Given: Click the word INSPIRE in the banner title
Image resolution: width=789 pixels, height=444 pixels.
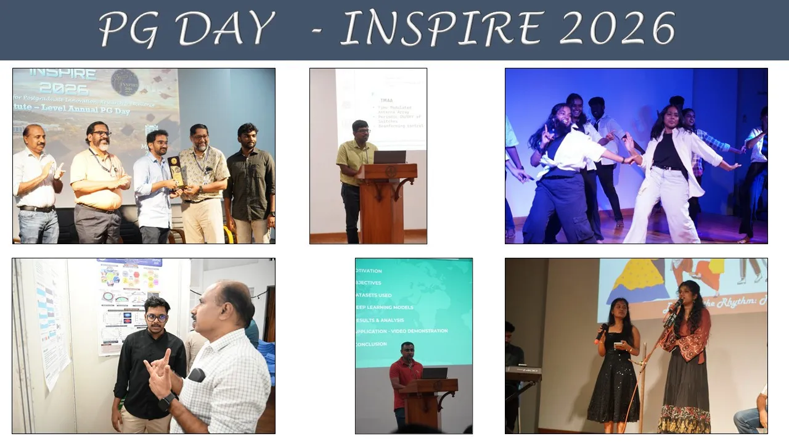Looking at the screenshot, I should (443, 29).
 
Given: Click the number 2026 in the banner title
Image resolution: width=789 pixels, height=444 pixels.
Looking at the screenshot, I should (617, 29).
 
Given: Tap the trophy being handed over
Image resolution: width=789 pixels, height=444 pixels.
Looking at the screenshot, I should (176, 171).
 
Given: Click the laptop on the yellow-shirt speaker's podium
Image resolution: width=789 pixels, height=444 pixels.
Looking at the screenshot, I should (390, 157).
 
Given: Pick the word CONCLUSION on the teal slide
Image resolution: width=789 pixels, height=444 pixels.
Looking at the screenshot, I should (371, 343).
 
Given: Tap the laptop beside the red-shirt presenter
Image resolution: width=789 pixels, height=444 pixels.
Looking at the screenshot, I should (435, 373).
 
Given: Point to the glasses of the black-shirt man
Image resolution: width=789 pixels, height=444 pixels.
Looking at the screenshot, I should (157, 318).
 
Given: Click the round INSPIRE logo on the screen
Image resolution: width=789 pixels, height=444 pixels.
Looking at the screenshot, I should (125, 82).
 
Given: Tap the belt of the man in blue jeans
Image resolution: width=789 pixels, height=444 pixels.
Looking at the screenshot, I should (36, 209).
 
